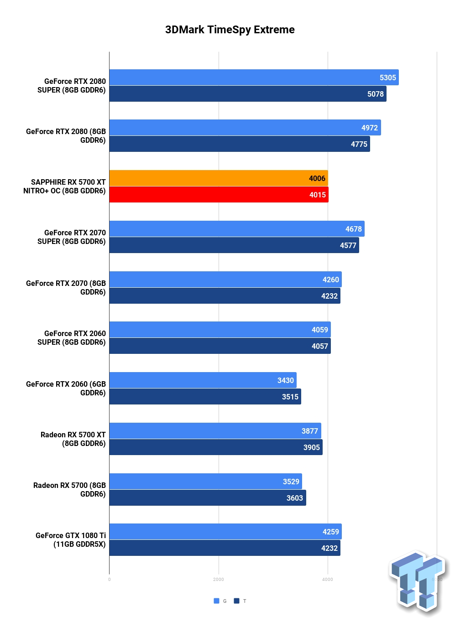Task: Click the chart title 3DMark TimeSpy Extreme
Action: (230, 30)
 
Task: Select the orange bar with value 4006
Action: (219, 178)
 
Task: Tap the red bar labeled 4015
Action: (219, 195)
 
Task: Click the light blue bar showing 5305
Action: (254, 77)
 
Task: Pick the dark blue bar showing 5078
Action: (248, 94)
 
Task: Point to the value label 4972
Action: (370, 128)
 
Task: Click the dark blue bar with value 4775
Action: (240, 144)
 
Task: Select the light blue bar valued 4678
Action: (237, 229)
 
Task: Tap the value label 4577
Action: (348, 245)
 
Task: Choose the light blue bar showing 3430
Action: (203, 380)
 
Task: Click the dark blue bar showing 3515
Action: (205, 396)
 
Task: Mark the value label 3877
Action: (309, 431)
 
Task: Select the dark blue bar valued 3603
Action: (208, 497)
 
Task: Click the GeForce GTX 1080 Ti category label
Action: (71, 539)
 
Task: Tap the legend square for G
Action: (216, 601)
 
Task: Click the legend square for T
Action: (236, 601)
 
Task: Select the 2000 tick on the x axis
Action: (219, 580)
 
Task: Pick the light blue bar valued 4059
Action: (220, 329)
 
